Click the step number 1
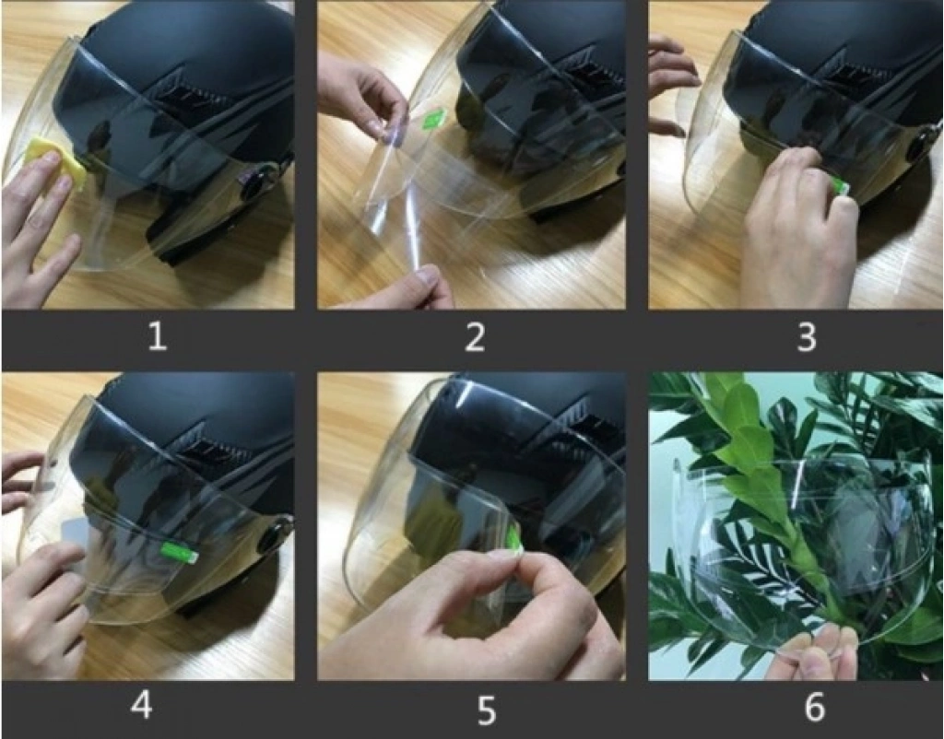(x=157, y=335)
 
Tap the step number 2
(x=475, y=336)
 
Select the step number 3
(x=806, y=337)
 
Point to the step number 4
(x=141, y=704)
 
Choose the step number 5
(x=486, y=710)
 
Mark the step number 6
(x=814, y=706)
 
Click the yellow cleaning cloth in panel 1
(x=55, y=162)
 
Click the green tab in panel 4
(x=179, y=552)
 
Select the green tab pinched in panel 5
(x=513, y=537)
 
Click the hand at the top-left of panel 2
(x=361, y=90)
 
